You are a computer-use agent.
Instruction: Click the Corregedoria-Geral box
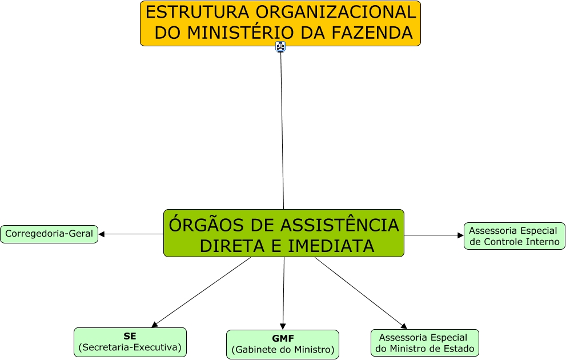[x=49, y=234]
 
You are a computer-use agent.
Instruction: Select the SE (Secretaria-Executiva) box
[x=130, y=342]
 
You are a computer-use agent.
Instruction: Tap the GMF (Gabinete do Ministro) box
[x=283, y=344]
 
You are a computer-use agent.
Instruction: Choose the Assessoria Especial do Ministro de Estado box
[x=424, y=343]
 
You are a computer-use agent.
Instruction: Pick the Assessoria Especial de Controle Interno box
[x=514, y=236]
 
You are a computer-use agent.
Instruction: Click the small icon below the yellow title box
[x=280, y=46]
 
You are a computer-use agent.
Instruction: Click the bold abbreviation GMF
[x=283, y=338]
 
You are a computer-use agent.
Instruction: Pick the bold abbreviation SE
[x=130, y=336]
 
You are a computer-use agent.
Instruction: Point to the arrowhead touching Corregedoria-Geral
[x=102, y=234]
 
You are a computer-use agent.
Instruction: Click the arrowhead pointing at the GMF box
[x=283, y=326]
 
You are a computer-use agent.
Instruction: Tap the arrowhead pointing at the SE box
[x=155, y=324]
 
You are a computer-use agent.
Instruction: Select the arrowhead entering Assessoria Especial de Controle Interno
[x=460, y=235]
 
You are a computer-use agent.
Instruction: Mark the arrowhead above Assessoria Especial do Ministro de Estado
[x=404, y=326]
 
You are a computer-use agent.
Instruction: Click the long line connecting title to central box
[x=282, y=131]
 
